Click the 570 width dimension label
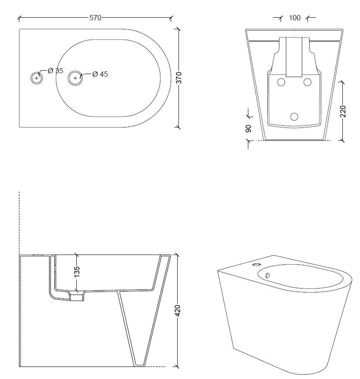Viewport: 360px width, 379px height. [x=95, y=18]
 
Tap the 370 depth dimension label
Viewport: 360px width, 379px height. [x=180, y=78]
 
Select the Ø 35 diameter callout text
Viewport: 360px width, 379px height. [x=55, y=71]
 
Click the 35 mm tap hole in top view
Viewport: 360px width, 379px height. [x=37, y=78]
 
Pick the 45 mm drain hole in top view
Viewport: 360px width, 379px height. [x=75, y=78]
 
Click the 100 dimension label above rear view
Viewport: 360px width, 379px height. [x=295, y=18]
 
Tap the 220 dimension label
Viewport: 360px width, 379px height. [x=343, y=112]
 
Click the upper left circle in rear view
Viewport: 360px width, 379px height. [x=281, y=82]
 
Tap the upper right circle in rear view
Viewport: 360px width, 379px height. [x=307, y=82]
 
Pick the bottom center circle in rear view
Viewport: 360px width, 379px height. [x=294, y=116]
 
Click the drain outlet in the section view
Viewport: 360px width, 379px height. [x=77, y=296]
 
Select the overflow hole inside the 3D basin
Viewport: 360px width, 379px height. [x=267, y=275]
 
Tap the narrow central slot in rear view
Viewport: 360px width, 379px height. [x=294, y=57]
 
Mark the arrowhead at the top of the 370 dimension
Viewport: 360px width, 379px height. [x=178, y=29]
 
